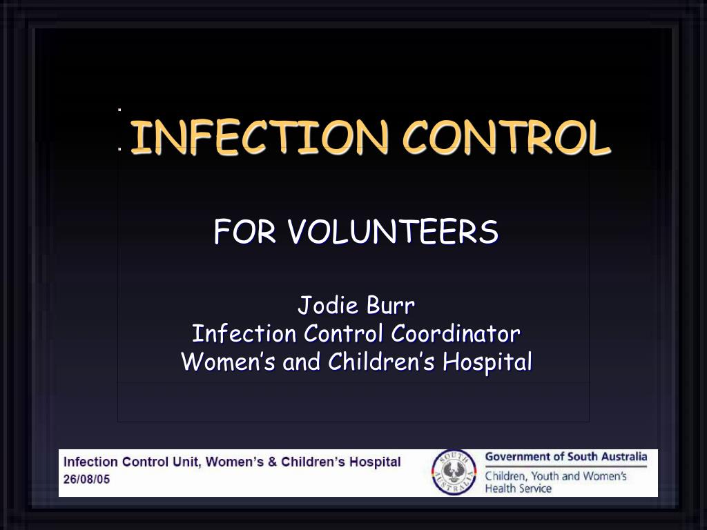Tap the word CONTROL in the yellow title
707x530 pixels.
507,137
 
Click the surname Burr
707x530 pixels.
389,305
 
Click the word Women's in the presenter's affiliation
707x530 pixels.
229,362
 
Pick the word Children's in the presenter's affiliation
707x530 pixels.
382,362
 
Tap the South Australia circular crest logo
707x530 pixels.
454,473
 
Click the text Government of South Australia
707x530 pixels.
566,457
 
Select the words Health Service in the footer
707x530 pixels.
519,489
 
